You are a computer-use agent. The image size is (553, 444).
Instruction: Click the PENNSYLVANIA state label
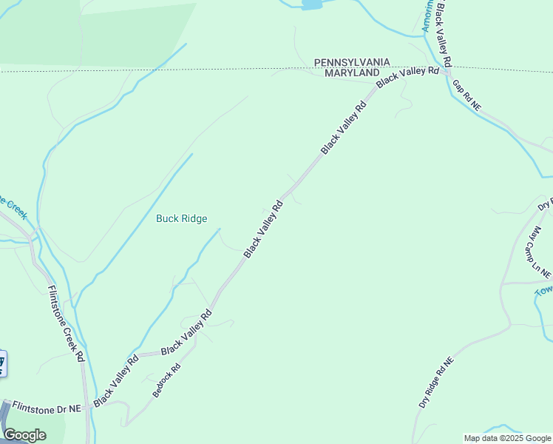click(351, 63)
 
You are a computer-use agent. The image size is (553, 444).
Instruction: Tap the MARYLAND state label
click(346, 74)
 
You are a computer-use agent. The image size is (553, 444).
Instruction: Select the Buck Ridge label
click(182, 218)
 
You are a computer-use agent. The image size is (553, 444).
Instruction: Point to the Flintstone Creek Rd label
click(66, 323)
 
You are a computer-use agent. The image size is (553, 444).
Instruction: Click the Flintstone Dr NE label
click(46, 408)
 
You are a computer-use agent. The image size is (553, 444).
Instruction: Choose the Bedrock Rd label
click(166, 380)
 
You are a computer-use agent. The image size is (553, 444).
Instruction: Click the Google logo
click(24, 435)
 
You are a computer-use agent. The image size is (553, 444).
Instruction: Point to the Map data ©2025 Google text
click(508, 438)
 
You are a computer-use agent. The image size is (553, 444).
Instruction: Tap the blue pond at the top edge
click(312, 4)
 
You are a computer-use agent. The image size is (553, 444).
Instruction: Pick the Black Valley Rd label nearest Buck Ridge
click(264, 229)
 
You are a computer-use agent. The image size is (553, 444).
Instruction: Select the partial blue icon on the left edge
click(2, 363)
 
